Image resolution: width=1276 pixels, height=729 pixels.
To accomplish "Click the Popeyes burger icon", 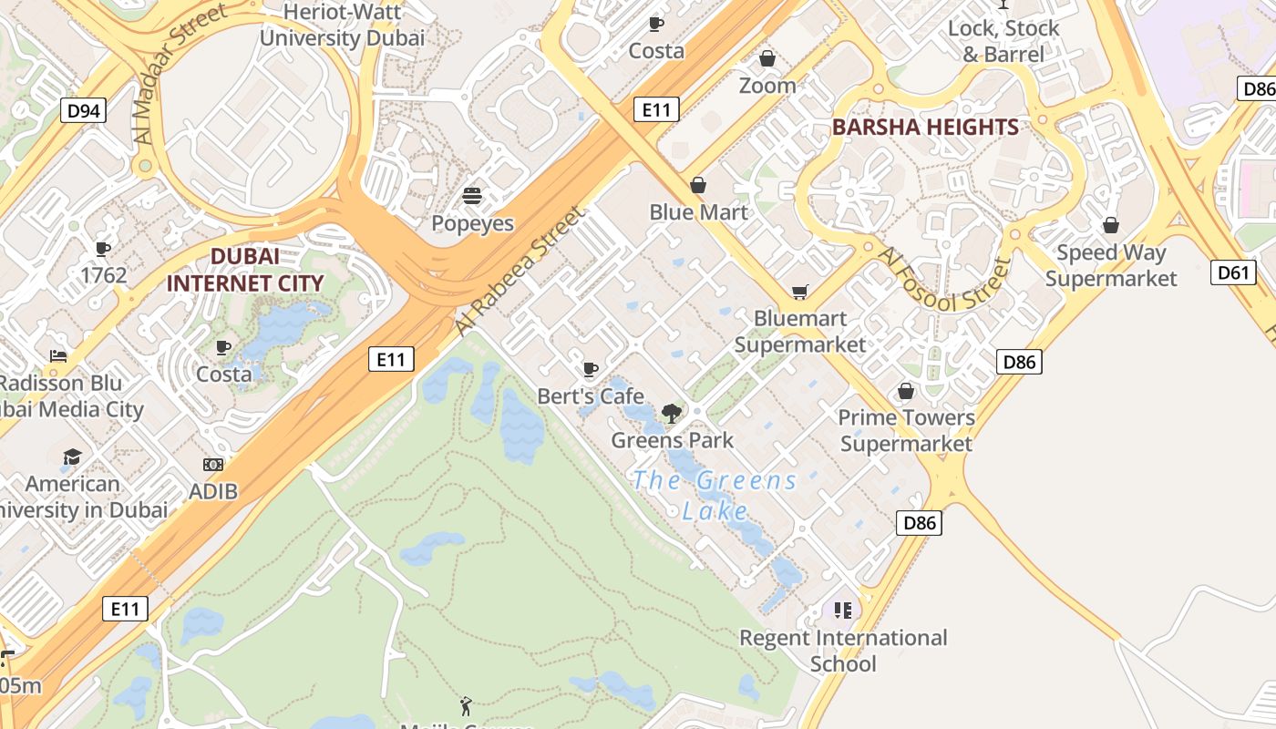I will coord(472,195).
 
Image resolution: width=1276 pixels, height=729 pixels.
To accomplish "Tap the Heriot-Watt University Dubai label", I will coord(342,26).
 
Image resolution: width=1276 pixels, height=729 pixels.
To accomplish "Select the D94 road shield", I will coord(84,111).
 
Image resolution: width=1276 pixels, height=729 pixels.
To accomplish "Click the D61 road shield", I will coord(1232,272).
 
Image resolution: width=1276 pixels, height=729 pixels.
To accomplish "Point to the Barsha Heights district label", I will coord(925,128).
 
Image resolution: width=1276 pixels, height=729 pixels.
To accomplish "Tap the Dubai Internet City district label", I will coord(244,270).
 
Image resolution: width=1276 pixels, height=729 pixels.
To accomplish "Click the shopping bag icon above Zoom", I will coord(767,58).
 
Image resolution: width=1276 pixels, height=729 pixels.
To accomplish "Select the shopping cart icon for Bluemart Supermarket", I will coord(799,292).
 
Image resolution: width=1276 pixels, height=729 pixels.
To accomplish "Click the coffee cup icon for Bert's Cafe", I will coord(590,369).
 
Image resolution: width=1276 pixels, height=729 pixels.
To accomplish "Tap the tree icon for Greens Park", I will coord(672,413).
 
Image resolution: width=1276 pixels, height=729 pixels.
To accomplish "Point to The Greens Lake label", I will coord(715,495).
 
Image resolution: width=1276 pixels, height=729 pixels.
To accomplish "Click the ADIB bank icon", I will coord(213,465).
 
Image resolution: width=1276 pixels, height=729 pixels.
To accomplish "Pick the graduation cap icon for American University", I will coord(72,457).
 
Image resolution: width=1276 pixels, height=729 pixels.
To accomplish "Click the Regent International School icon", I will coord(842,610).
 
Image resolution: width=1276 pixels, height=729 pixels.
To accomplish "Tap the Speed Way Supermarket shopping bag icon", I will coord(1111,225).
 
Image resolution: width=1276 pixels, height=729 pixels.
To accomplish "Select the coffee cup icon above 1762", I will coord(103,248).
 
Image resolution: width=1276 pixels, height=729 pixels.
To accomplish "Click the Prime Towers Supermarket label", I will coord(906,430).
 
